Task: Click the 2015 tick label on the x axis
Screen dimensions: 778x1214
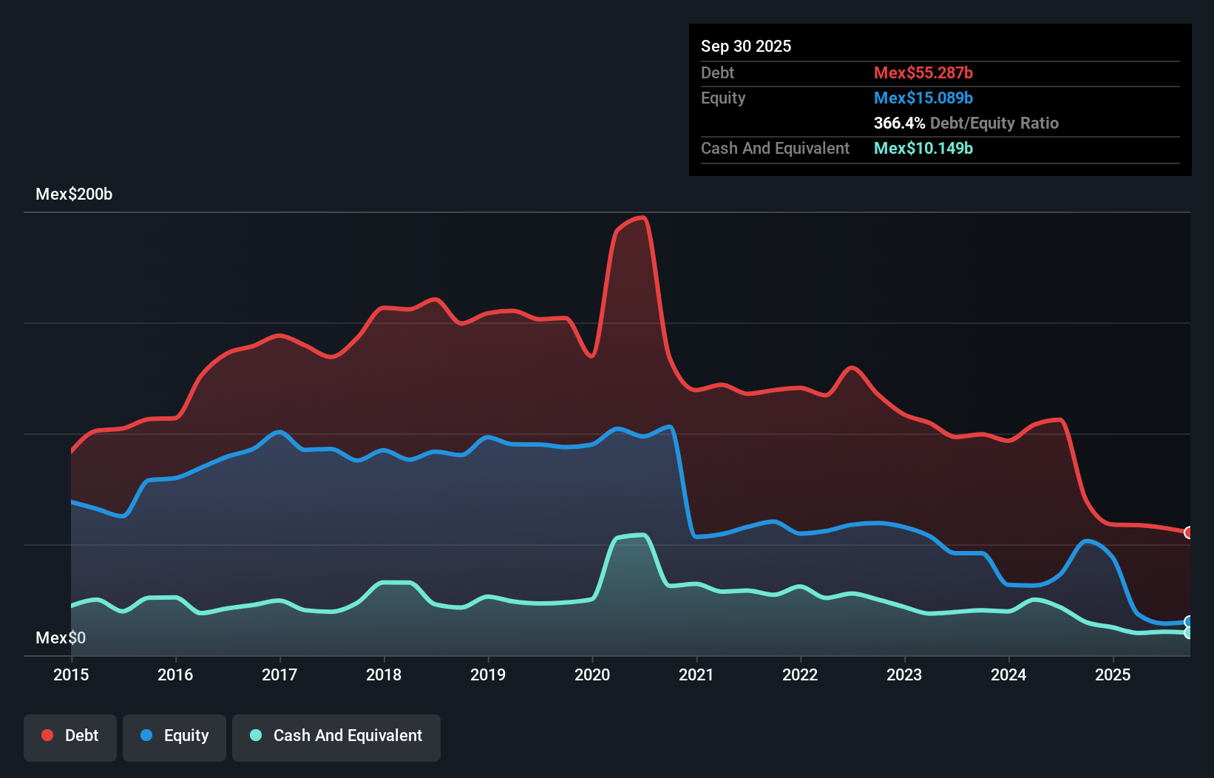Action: click(71, 674)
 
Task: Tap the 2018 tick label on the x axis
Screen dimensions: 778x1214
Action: click(384, 674)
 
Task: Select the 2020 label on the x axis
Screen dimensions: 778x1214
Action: click(592, 674)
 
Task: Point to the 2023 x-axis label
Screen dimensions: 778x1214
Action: click(904, 674)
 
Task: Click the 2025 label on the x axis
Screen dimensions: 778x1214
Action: click(1113, 674)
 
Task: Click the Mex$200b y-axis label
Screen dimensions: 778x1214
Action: click(74, 194)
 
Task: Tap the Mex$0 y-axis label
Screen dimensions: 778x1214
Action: click(61, 637)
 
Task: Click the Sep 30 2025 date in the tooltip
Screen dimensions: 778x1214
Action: click(746, 47)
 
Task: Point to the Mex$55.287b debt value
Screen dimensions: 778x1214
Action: click(923, 73)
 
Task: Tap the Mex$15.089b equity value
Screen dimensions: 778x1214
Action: click(923, 98)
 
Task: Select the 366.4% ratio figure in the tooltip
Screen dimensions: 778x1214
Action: click(899, 124)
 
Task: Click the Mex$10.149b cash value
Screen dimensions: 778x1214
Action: click(923, 149)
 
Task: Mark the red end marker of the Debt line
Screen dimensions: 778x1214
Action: click(1188, 532)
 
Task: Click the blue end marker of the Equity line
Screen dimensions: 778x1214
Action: click(1188, 622)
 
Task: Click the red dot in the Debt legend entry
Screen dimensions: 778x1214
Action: click(47, 735)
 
